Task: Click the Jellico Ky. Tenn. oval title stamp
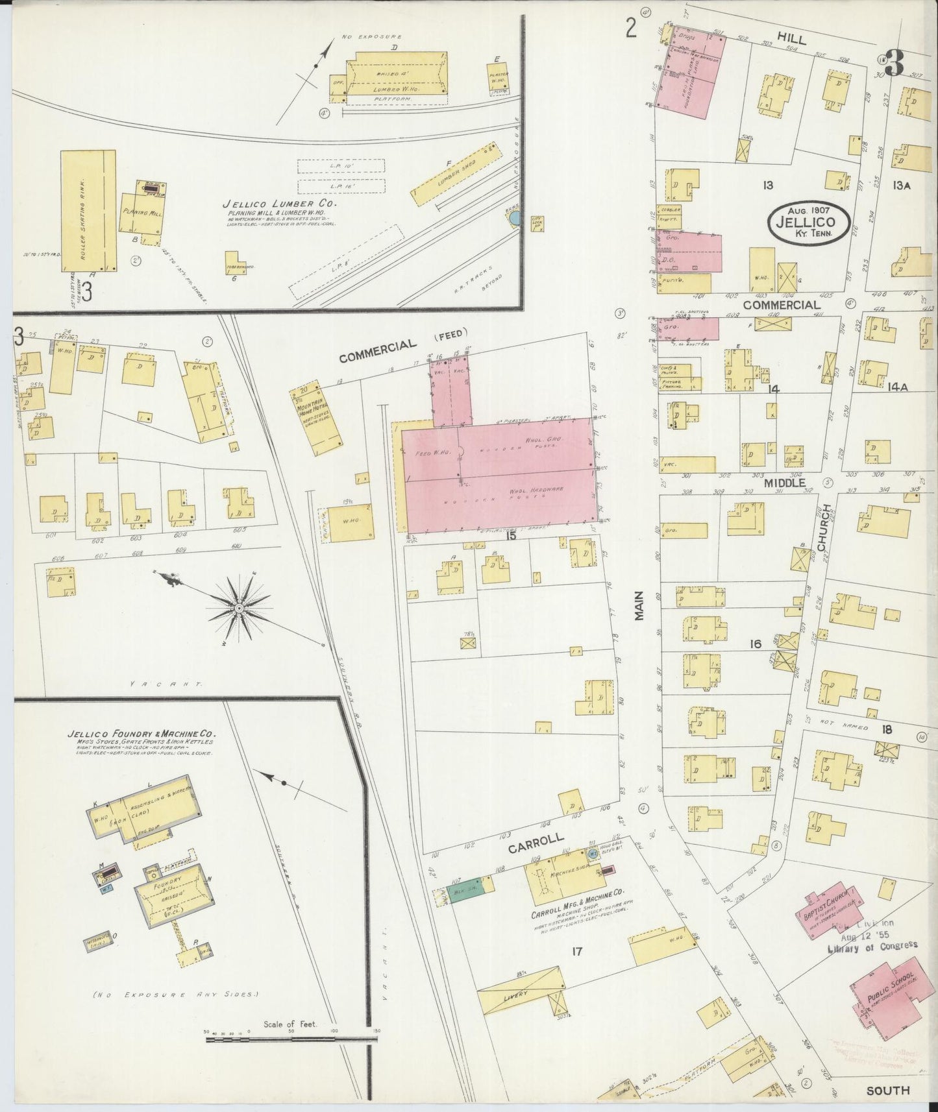click(x=809, y=221)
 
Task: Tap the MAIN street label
click(x=639, y=605)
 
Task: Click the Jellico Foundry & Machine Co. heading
click(x=142, y=735)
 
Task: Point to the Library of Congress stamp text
click(x=872, y=947)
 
